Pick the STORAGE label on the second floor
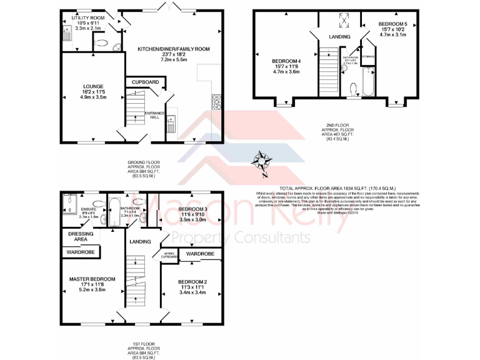[x=368, y=57]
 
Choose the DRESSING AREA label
[x=81, y=236]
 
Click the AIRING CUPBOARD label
[x=169, y=255]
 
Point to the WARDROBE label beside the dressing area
[x=81, y=252]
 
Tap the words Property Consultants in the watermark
[x=241, y=237]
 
